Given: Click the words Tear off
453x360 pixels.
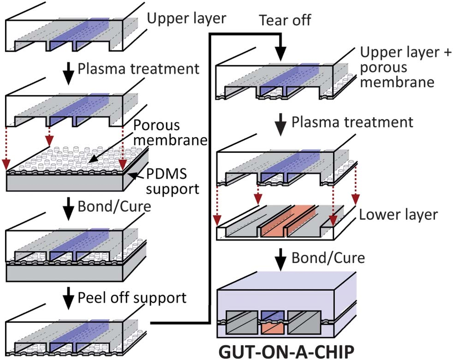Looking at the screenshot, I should pyautogui.click(x=285, y=21).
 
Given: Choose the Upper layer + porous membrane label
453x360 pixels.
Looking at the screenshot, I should pyautogui.click(x=397, y=67).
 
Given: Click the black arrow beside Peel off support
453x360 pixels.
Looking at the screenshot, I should pyautogui.click(x=68, y=298).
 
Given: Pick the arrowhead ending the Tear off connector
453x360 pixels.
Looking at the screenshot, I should pyautogui.click(x=279, y=54).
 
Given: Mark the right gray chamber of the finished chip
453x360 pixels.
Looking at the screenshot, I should pyautogui.click(x=304, y=323).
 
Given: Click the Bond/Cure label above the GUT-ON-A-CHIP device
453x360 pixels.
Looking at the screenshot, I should pyautogui.click(x=328, y=257).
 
